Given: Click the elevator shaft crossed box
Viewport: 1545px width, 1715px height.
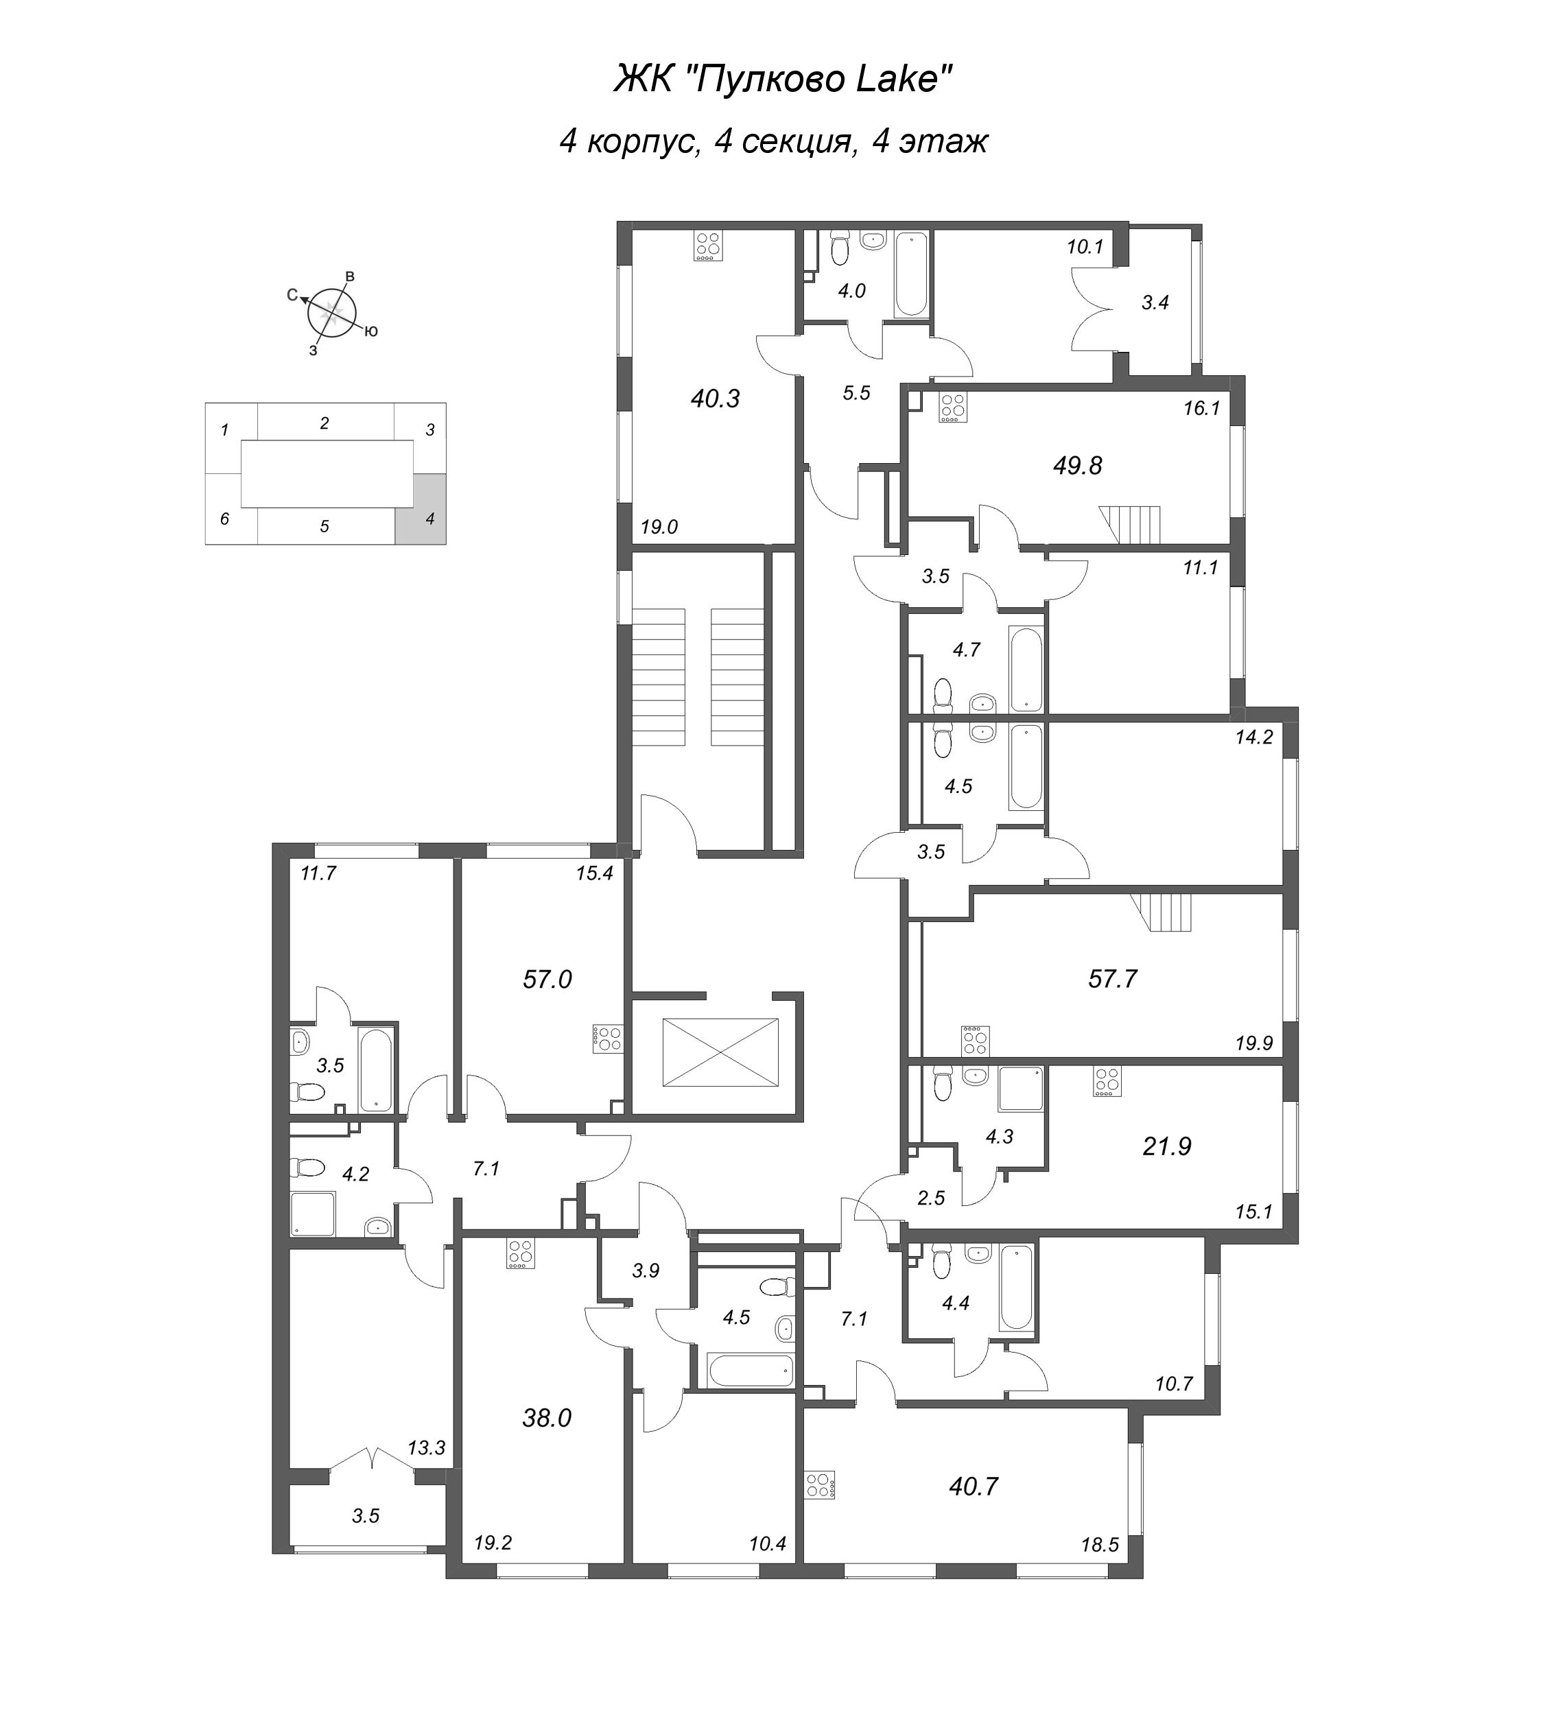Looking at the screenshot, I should tap(720, 1052).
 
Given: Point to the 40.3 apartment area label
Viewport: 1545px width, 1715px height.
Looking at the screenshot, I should tap(715, 398).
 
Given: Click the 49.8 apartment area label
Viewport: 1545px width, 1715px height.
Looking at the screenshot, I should tap(1076, 465).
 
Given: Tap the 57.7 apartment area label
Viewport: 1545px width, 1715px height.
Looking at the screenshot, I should tap(1111, 979).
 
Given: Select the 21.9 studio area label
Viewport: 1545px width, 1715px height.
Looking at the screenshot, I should tap(1166, 1146).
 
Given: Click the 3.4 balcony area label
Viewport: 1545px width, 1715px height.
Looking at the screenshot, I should tap(1155, 303).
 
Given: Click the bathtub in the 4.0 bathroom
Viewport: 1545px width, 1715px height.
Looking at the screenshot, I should tap(911, 274).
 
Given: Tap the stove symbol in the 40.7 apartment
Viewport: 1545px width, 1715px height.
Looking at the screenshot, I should tap(820, 1485).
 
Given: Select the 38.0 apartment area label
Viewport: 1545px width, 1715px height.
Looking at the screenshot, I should tap(547, 1417).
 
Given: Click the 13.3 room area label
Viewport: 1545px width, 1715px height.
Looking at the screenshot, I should tap(426, 1447).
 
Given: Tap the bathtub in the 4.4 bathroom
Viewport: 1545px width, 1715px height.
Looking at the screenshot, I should tap(1016, 1286).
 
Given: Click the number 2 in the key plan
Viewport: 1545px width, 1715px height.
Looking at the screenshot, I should tap(325, 423).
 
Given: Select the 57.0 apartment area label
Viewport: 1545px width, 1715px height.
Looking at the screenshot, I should tap(547, 979).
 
